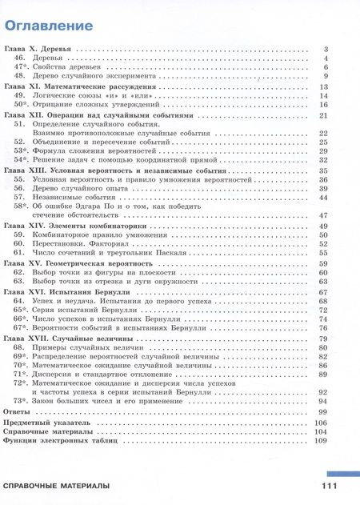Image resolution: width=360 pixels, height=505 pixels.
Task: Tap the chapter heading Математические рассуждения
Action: click(80, 86)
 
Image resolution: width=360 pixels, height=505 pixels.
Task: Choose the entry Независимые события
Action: click(68, 197)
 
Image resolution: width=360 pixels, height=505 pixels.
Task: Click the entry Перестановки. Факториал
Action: click(76, 244)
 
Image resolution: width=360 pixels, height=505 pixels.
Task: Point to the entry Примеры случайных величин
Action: click(80, 348)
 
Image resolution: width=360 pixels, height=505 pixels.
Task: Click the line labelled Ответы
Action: click(18, 411)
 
